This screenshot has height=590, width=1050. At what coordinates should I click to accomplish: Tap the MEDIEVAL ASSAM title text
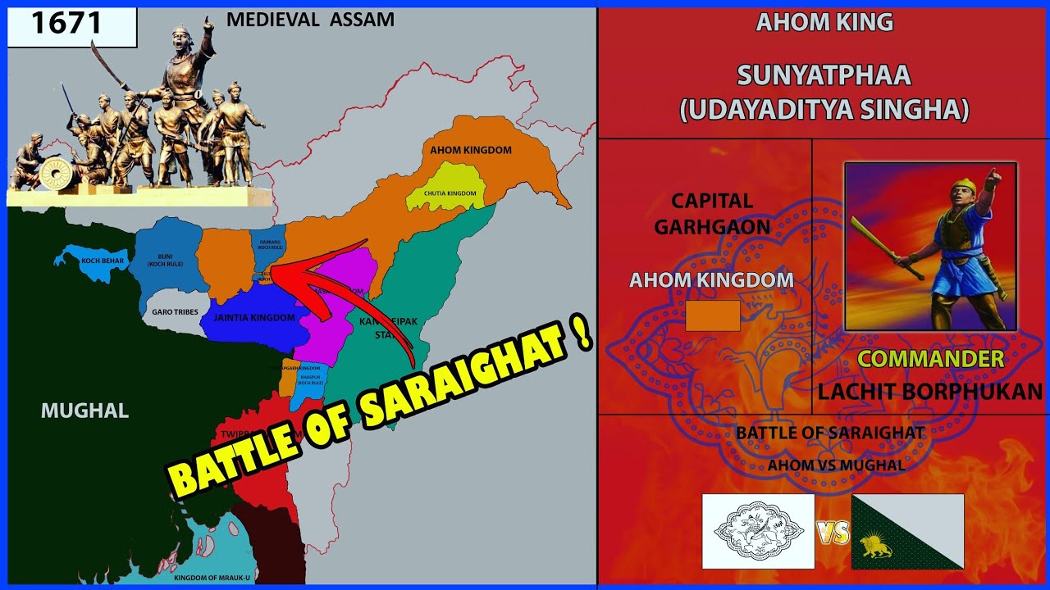(310, 19)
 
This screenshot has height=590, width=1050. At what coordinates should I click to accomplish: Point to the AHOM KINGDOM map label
(471, 151)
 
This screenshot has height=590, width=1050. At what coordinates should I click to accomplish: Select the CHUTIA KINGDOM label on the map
(451, 193)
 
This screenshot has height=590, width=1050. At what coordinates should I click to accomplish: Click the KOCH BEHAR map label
(102, 261)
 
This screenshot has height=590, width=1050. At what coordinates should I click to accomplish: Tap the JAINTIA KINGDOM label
(253, 317)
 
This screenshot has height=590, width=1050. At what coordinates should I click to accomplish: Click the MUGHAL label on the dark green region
(85, 411)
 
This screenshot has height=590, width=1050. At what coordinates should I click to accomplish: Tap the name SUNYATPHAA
(824, 75)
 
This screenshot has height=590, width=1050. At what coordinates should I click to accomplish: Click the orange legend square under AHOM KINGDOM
(713, 315)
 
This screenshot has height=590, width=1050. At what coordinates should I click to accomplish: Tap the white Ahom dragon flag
(759, 531)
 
